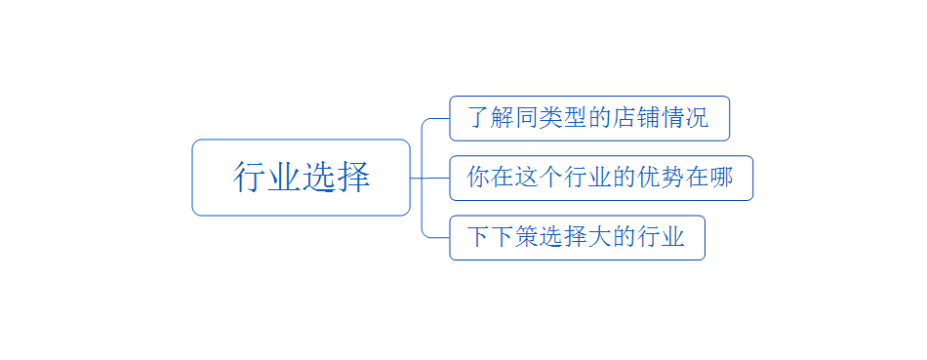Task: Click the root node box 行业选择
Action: click(x=301, y=178)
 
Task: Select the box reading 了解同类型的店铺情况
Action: click(x=588, y=118)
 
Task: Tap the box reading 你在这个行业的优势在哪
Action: click(x=600, y=178)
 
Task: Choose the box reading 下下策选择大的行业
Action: click(x=577, y=237)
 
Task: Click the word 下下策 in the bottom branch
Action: click(x=503, y=237)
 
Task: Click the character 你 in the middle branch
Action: click(x=478, y=178)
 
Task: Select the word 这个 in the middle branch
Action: click(x=539, y=178)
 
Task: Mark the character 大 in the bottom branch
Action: click(x=600, y=237)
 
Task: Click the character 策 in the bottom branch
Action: click(x=527, y=237)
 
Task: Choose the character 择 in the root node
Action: click(x=353, y=178)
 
